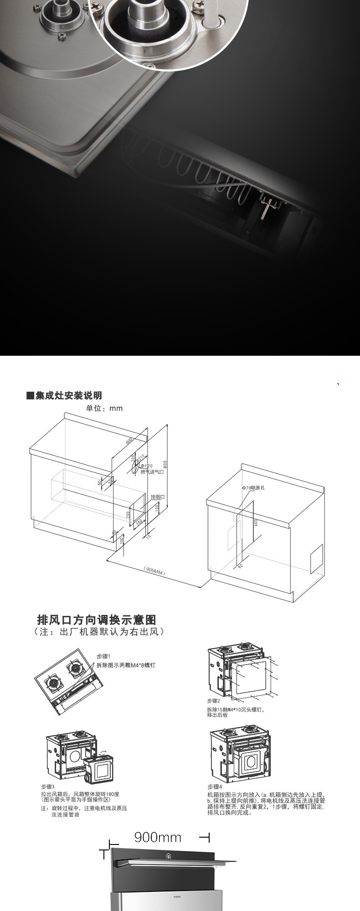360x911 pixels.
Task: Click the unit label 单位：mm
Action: click(104, 408)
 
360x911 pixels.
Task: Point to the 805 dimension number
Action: click(165, 464)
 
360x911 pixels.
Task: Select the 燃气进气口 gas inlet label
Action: click(152, 472)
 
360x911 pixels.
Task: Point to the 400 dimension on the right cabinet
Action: click(256, 522)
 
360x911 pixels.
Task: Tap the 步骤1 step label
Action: click(103, 656)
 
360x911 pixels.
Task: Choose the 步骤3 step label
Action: click(48, 787)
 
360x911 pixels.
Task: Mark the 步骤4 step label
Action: click(215, 787)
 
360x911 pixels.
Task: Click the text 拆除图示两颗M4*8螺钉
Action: click(126, 665)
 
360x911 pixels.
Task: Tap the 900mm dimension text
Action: click(158, 837)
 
